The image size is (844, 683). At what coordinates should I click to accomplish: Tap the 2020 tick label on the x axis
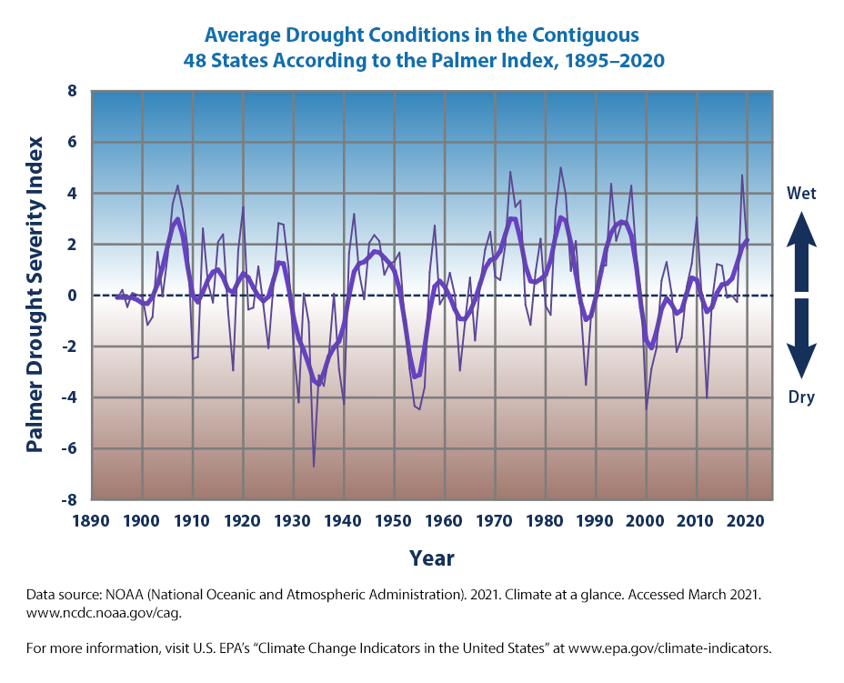click(747, 522)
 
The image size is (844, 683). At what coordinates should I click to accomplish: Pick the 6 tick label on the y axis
click(71, 143)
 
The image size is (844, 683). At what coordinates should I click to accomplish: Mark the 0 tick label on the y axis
click(71, 296)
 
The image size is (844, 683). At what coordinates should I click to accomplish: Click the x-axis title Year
click(432, 557)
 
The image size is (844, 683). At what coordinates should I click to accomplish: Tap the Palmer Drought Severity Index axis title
click(35, 295)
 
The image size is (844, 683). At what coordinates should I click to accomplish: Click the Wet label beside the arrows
click(801, 193)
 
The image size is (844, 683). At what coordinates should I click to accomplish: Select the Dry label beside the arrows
click(801, 397)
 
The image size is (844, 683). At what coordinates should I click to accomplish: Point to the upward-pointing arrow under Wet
click(801, 246)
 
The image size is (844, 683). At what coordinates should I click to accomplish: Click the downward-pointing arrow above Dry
click(801, 346)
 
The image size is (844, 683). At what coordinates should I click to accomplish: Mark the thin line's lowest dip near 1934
click(314, 467)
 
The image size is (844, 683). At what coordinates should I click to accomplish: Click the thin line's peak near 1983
click(560, 167)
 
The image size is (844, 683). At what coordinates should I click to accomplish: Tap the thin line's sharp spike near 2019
click(742, 176)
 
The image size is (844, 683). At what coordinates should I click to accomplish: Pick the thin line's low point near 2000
click(647, 409)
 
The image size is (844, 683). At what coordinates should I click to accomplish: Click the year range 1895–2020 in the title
click(605, 61)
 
